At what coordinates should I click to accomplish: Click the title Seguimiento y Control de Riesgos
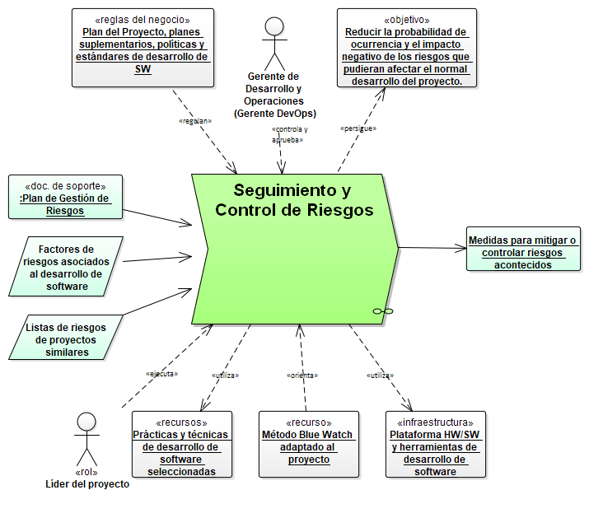(294, 200)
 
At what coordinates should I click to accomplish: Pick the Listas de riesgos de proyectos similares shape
(66, 334)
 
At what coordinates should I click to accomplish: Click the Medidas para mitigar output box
(522, 248)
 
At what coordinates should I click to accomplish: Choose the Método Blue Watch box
(309, 444)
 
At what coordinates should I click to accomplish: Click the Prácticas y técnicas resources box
(181, 444)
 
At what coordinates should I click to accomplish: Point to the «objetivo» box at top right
(406, 48)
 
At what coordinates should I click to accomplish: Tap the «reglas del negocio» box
(143, 48)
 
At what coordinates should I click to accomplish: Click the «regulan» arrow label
(195, 121)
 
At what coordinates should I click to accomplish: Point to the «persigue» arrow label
(358, 128)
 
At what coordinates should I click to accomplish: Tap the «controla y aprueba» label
(289, 134)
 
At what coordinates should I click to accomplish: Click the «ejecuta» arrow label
(161, 373)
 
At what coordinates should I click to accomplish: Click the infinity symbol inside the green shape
(382, 310)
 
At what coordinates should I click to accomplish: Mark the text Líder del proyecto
(87, 484)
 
